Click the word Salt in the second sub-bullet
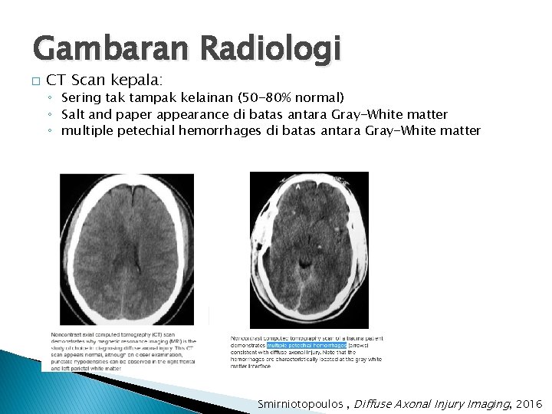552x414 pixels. pyautogui.click(x=74, y=115)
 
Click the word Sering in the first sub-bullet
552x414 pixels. pyautogui.click(x=80, y=98)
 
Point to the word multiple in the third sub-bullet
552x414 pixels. pyautogui.click(x=87, y=131)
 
